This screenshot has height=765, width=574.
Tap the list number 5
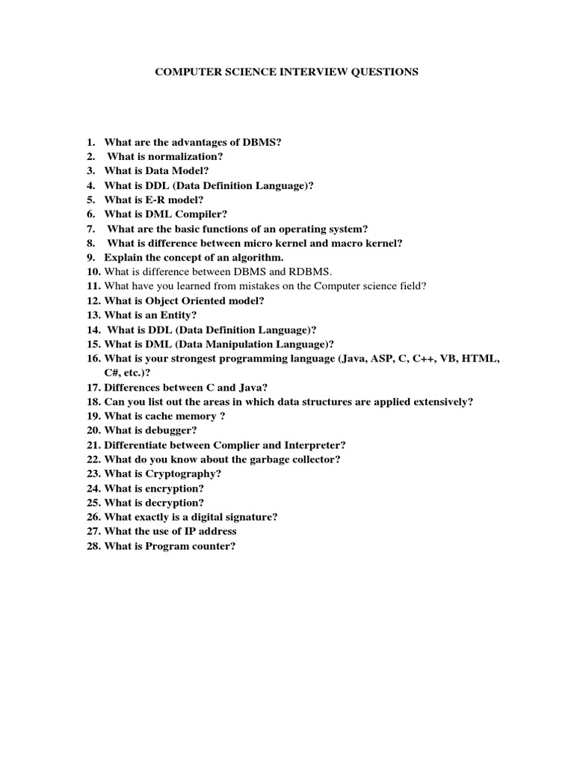point(90,200)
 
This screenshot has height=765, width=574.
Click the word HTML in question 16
point(481,358)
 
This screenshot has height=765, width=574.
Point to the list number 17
point(93,387)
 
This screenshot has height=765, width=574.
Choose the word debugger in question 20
point(173,430)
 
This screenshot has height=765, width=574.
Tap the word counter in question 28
point(213,545)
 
